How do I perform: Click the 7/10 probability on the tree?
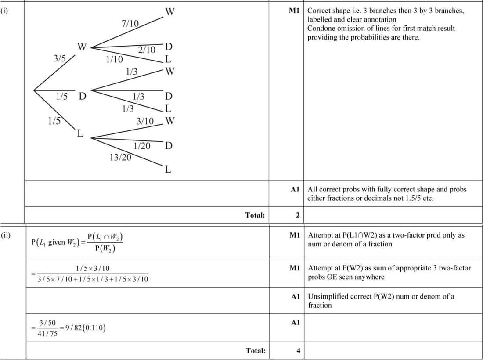coord(130,24)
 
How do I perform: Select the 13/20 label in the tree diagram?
coord(120,157)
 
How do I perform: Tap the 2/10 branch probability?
coord(147,50)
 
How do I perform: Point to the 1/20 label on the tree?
coord(142,145)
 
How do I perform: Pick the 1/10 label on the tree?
coord(115,59)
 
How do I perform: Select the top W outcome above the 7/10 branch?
coord(169,11)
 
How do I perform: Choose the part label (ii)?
coord(5,235)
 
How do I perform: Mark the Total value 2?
coord(298,215)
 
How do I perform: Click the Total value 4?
coord(298,350)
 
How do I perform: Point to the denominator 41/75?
coord(47,333)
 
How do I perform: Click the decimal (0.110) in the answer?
coord(95,328)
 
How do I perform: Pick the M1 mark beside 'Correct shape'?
coord(294,11)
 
